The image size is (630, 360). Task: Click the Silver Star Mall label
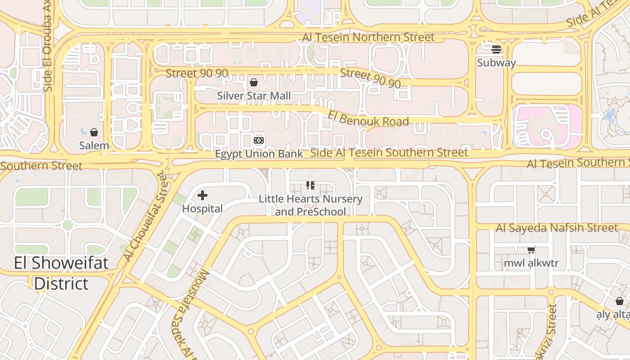254,96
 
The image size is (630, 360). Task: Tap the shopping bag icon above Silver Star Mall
254,82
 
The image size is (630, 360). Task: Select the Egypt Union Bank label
259,154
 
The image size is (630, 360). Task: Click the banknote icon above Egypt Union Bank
259,140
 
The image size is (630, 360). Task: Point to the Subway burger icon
496,49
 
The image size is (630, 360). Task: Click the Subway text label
496,63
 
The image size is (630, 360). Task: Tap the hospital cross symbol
202,195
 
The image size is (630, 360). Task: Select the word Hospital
202,209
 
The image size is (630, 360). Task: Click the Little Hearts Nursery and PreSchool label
310,205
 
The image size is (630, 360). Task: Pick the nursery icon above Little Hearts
310,185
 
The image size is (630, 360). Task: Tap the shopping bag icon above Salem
94,132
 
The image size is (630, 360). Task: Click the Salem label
94,145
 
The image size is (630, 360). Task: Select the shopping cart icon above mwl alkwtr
531,250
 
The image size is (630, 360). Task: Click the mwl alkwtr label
531,263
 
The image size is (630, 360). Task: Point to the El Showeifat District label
61,273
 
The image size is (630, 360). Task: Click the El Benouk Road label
368,119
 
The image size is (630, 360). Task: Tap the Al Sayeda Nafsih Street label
557,228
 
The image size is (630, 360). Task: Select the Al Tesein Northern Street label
369,37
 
